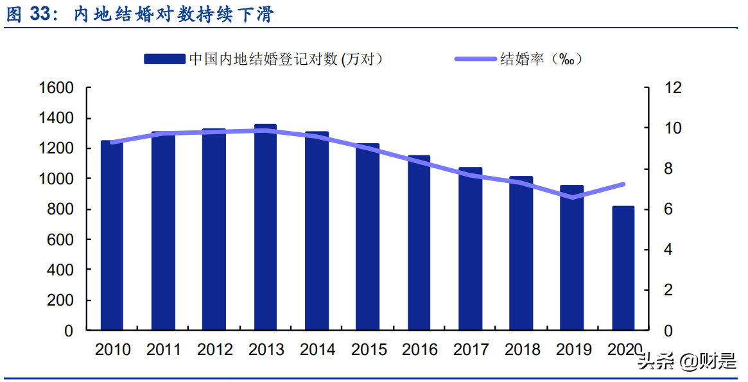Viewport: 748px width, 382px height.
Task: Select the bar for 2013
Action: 265,228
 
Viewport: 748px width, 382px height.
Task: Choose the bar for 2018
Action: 521,254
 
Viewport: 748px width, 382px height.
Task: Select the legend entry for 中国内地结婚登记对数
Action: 263,59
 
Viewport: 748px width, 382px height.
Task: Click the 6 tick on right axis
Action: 660,209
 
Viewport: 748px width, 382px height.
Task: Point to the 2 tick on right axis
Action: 660,290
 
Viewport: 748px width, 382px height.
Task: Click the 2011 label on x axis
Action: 164,350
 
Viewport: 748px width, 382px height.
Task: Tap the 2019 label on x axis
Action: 573,350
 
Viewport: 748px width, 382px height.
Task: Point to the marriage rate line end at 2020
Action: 623,184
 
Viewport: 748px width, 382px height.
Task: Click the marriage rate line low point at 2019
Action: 572,197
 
